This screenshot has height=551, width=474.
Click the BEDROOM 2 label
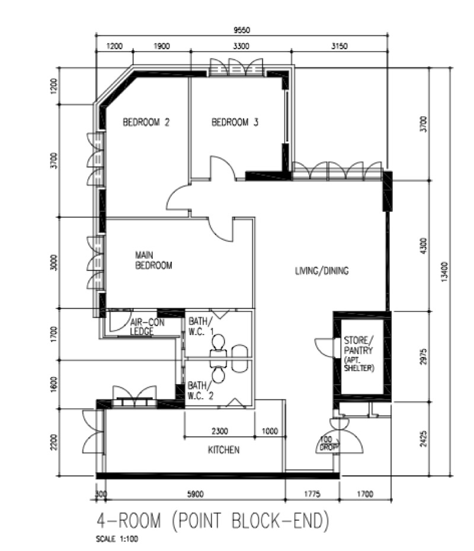(146, 123)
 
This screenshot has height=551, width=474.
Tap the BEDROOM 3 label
(235, 123)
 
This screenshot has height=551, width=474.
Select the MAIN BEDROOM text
(154, 260)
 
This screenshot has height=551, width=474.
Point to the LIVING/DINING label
(322, 271)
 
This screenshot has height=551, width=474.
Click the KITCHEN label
(224, 450)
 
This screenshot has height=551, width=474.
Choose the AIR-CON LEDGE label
(147, 327)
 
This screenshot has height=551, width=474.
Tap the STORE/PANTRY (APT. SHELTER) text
(359, 354)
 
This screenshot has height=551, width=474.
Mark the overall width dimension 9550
(242, 30)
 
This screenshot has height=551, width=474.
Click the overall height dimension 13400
(444, 271)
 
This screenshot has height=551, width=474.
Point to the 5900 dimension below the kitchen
(196, 494)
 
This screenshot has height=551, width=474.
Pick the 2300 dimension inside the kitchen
(220, 431)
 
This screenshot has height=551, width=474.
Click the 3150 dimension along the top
(340, 46)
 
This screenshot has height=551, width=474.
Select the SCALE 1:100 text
(117, 539)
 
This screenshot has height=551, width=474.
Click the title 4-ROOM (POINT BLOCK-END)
(213, 520)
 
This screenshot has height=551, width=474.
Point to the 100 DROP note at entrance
(329, 443)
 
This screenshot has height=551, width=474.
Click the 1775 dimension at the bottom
(312, 494)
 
